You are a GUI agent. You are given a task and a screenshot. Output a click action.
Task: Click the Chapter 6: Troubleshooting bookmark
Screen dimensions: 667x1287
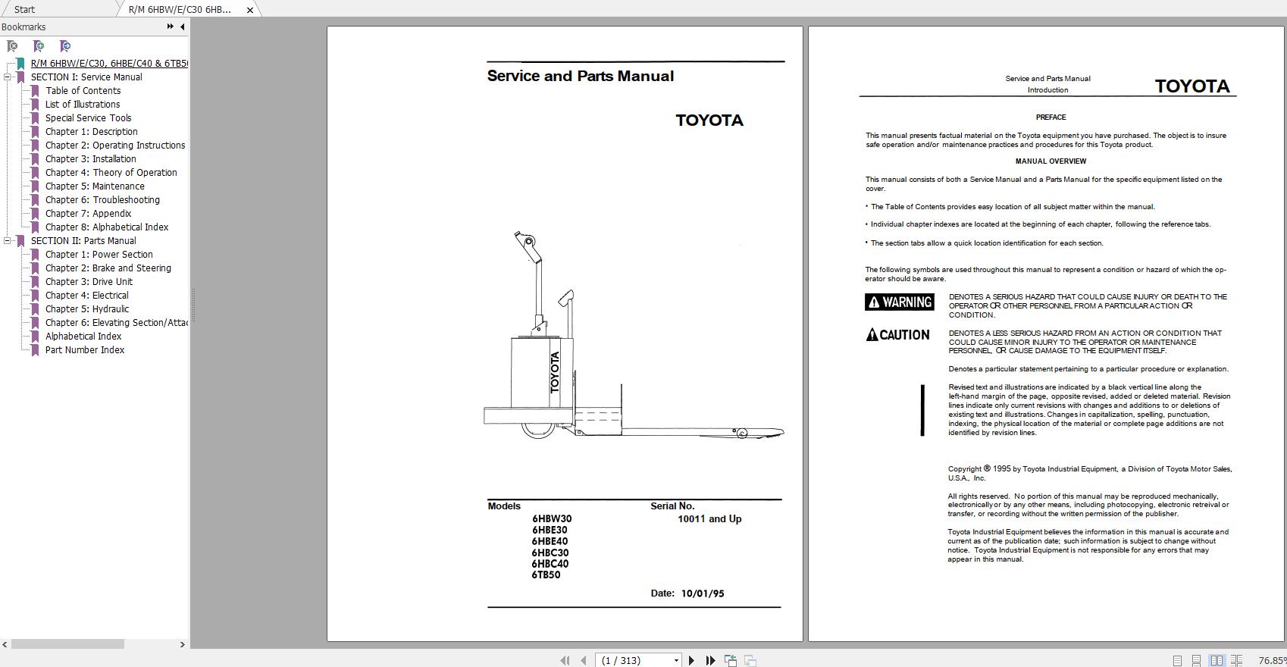point(102,200)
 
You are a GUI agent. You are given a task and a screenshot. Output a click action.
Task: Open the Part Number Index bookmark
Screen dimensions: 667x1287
point(84,350)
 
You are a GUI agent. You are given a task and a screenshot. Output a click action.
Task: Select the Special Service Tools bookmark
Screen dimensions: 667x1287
point(88,118)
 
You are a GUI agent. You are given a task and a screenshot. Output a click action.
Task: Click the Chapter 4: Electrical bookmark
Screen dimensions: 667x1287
point(86,296)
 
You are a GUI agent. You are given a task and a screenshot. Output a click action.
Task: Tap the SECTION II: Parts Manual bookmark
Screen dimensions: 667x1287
point(83,241)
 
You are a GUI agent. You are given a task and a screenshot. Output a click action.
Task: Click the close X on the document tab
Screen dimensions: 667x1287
point(250,10)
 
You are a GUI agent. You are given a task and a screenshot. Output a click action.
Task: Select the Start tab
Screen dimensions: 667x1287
point(24,10)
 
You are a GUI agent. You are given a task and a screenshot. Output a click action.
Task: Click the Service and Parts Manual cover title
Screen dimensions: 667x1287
point(580,77)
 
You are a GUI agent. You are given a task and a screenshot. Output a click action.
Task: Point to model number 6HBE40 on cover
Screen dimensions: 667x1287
point(550,541)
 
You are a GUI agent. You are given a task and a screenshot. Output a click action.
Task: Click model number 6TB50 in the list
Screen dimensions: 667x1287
point(546,575)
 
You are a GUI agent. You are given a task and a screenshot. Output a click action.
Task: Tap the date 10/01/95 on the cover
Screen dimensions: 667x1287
point(702,593)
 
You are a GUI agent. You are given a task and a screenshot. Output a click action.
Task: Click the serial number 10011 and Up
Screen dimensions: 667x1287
point(709,519)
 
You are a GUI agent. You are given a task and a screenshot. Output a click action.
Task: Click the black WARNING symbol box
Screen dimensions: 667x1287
point(899,302)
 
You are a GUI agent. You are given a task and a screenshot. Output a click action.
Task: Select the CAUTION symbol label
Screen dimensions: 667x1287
point(898,335)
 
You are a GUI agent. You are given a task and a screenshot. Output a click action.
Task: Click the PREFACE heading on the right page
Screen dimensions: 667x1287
point(1051,117)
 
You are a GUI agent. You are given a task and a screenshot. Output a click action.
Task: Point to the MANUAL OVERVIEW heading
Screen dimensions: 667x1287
point(1051,161)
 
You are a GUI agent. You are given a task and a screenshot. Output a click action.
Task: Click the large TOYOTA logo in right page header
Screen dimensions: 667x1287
point(1191,86)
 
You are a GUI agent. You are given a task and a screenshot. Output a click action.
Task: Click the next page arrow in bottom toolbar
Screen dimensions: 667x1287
point(691,661)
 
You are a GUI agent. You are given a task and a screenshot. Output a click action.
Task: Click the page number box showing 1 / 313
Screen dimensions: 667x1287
point(637,661)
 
